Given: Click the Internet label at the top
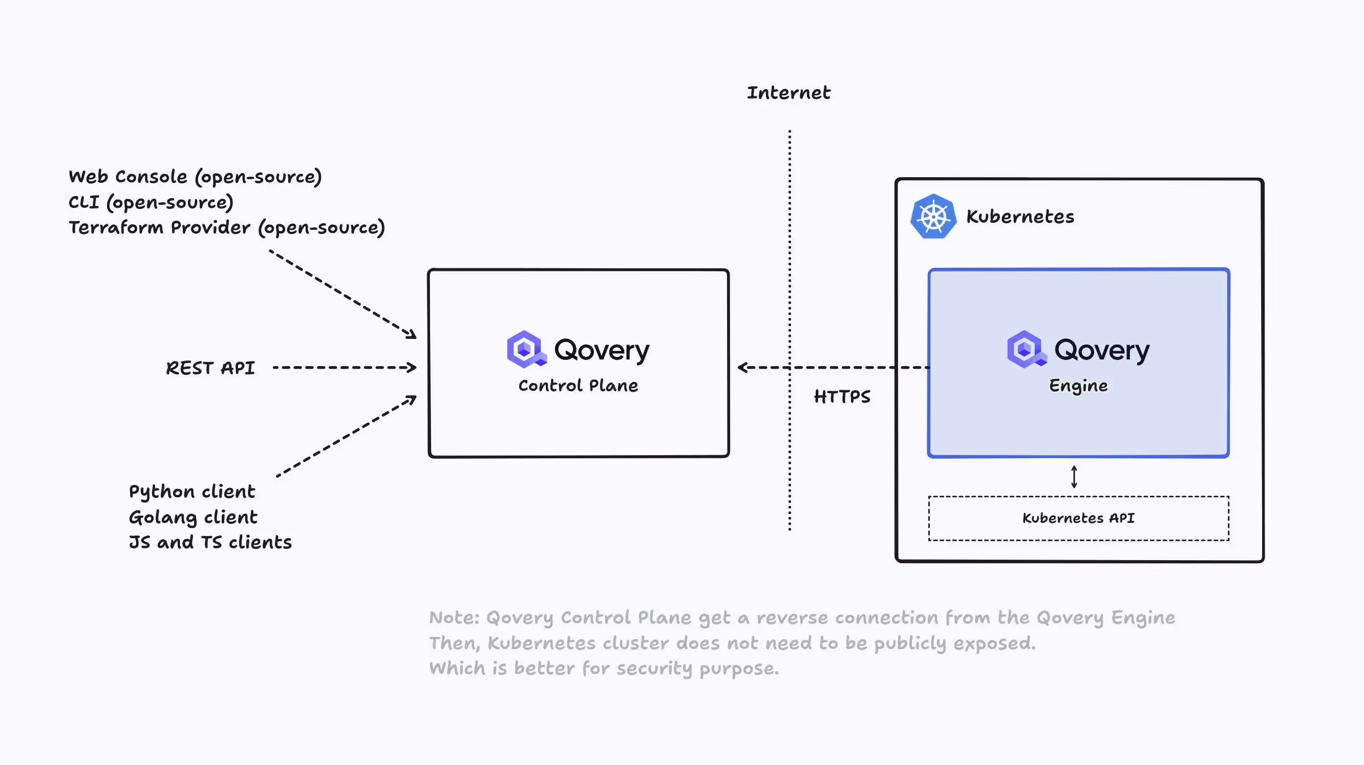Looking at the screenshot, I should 788,93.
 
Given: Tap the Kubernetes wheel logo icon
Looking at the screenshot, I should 933,217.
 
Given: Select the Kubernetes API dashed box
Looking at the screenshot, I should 1078,518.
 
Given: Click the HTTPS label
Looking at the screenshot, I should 842,396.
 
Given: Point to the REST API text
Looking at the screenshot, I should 210,368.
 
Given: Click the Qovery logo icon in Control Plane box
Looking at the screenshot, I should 525,349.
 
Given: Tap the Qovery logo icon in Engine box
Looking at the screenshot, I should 1026,349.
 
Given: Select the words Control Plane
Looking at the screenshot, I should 578,386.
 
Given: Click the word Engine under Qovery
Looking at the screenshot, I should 1078,386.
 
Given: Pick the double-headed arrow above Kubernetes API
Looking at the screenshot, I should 1074,477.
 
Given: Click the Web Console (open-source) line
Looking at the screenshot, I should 195,177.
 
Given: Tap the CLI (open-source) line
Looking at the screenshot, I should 151,202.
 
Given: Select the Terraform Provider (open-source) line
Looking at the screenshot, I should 227,228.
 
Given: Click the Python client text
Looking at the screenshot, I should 191,492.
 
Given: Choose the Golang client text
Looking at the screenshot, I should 193,517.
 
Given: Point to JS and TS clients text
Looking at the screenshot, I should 210,542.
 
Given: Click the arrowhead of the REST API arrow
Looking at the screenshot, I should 412,368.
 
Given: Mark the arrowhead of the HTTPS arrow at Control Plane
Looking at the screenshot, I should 742,368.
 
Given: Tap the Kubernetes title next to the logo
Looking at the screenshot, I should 1020,217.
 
